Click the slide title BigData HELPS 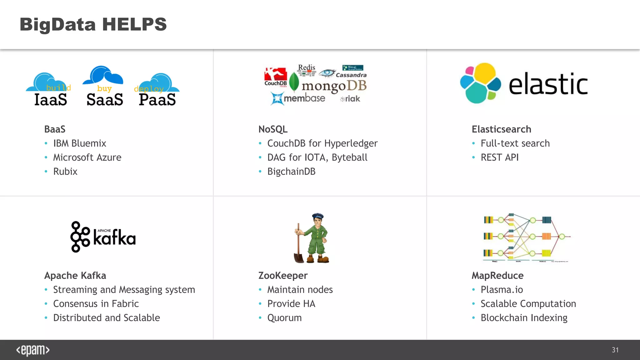coord(93,24)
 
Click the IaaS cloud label coord(51,100)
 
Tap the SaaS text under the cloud coord(105,100)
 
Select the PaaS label coord(157,100)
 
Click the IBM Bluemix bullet coord(79,143)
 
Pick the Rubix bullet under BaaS coord(65,172)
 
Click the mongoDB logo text coord(334,86)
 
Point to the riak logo coord(351,99)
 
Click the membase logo coord(298,98)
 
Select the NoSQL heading coord(273,129)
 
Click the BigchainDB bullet coord(291,172)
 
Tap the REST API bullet coord(499,157)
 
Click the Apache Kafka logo coord(103,237)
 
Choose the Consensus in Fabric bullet coord(96,304)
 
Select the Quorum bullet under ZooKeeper coord(284,318)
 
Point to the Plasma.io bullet coord(502,290)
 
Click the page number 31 coord(615,350)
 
